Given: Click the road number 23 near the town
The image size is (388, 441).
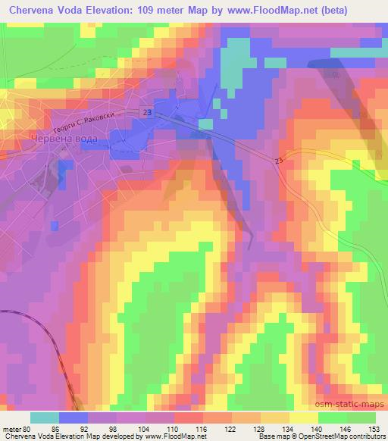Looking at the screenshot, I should tap(146, 112).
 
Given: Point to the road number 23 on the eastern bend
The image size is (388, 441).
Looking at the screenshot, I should tap(279, 160).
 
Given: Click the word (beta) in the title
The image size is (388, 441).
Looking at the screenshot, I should tap(368, 11).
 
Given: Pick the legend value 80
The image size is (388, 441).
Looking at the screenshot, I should tap(29, 429).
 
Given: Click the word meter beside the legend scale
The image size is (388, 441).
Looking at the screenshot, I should tap(11, 429).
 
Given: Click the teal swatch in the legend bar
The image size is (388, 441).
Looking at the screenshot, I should tap(46, 418).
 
